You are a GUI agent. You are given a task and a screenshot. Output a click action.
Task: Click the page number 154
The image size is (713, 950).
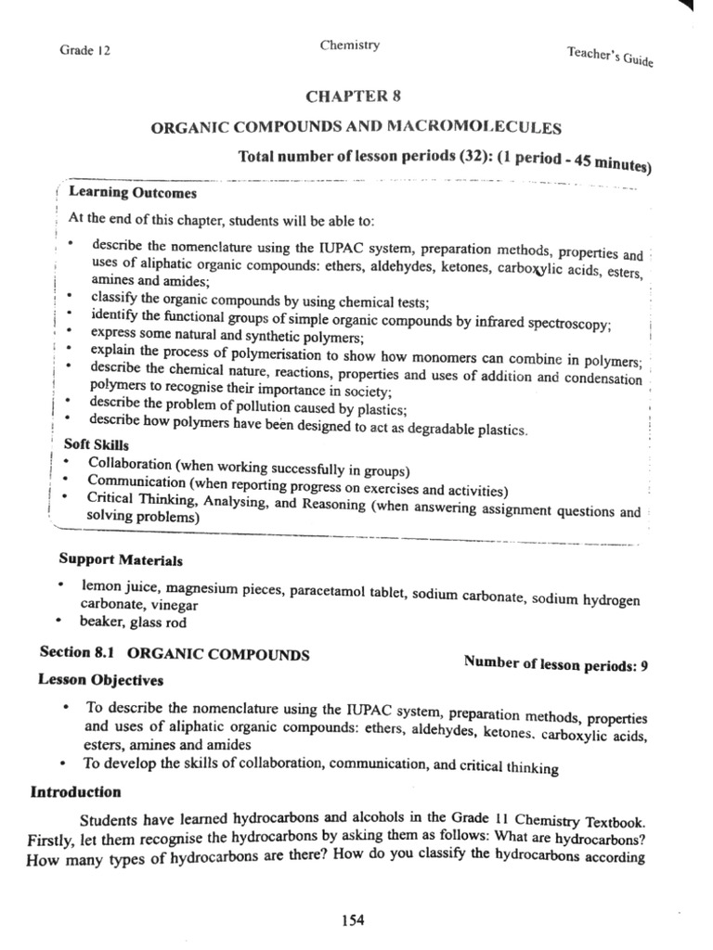(x=353, y=920)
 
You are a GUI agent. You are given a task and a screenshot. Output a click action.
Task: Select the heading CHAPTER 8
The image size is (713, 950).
(x=355, y=96)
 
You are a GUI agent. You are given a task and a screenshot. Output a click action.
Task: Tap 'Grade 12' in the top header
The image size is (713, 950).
(x=84, y=51)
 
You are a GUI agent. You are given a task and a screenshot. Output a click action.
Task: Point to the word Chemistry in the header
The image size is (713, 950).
(x=349, y=45)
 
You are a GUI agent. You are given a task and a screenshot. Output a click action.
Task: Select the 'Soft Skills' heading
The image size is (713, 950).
(x=96, y=445)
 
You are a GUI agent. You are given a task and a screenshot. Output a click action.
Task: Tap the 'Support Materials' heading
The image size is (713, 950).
(x=121, y=560)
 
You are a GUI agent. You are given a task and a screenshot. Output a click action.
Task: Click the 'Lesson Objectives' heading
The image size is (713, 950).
(x=100, y=679)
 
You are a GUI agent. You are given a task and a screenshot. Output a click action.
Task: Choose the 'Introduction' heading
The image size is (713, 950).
(x=76, y=792)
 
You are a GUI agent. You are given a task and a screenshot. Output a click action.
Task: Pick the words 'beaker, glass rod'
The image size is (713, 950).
(x=123, y=623)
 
